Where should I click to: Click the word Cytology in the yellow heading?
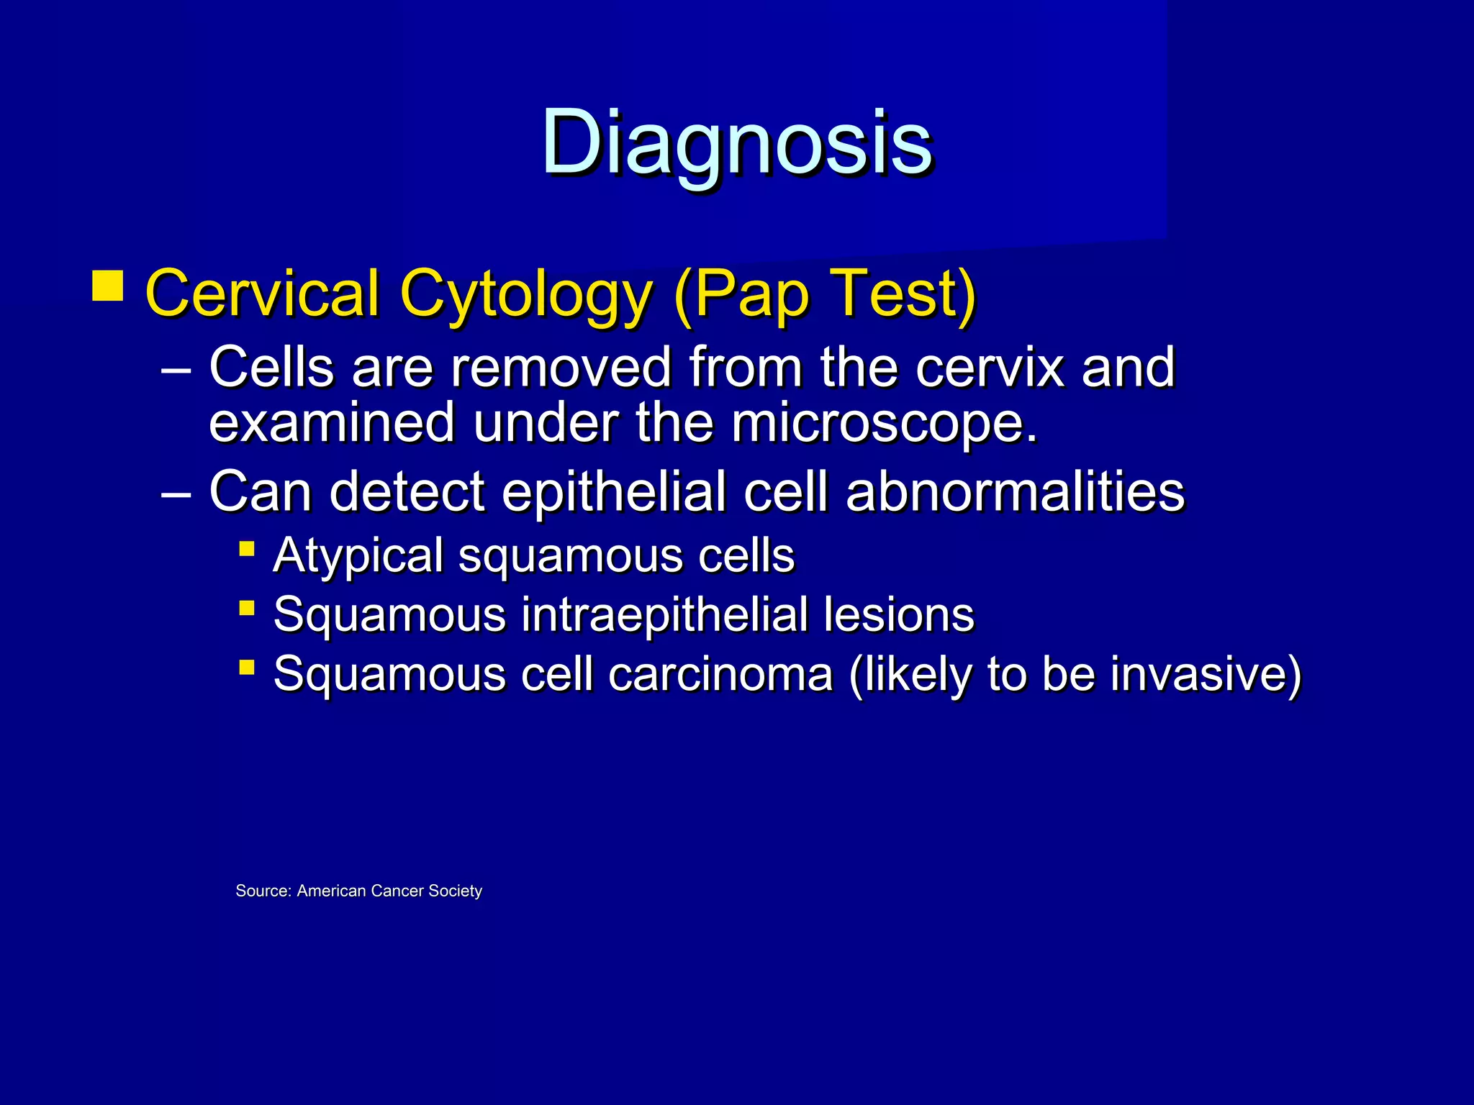[x=525, y=294]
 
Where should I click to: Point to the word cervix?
[x=990, y=367]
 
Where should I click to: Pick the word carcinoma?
[x=720, y=674]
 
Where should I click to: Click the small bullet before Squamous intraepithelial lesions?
[x=247, y=609]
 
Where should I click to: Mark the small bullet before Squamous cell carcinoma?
[x=247, y=668]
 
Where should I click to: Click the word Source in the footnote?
[x=263, y=891]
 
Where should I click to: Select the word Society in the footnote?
[x=455, y=891]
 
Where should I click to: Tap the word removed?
[x=561, y=367]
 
